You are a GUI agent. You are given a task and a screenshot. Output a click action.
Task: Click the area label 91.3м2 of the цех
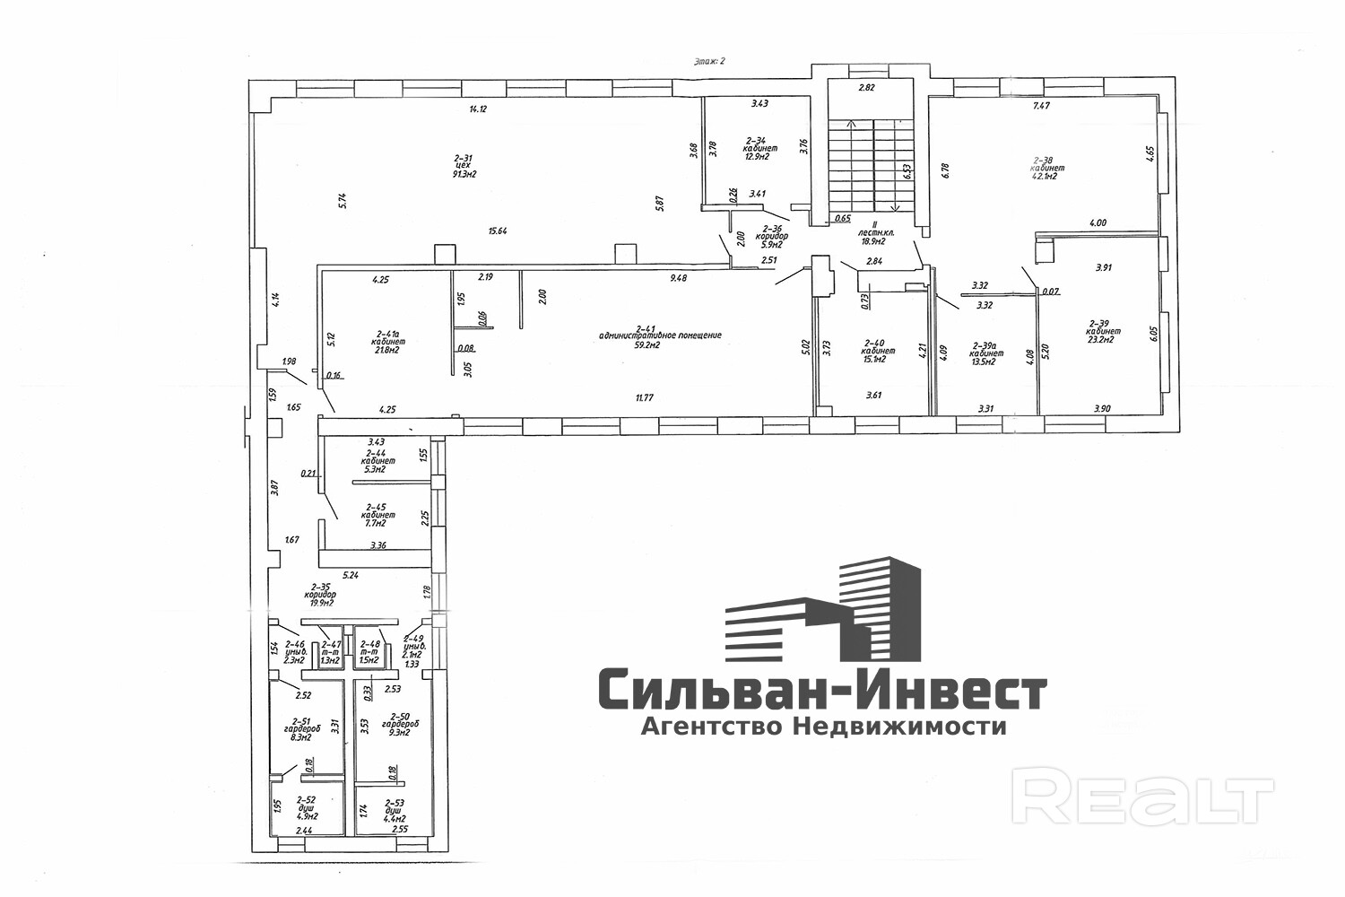[464, 174]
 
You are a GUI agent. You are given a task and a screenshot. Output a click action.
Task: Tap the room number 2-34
[757, 140]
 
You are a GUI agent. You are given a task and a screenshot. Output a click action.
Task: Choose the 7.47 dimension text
[1040, 106]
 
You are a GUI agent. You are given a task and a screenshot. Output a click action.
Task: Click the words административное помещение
[660, 335]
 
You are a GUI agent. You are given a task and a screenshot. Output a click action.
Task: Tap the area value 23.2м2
[1101, 340]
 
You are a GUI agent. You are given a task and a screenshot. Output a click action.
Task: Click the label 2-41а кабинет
[387, 337]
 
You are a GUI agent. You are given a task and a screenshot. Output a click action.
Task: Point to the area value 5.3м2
[374, 469]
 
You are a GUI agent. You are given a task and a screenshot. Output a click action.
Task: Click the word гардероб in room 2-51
[301, 728]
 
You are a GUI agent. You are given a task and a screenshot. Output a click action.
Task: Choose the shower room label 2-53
[395, 803]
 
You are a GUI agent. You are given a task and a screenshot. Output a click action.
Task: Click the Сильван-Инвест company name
[820, 692]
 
